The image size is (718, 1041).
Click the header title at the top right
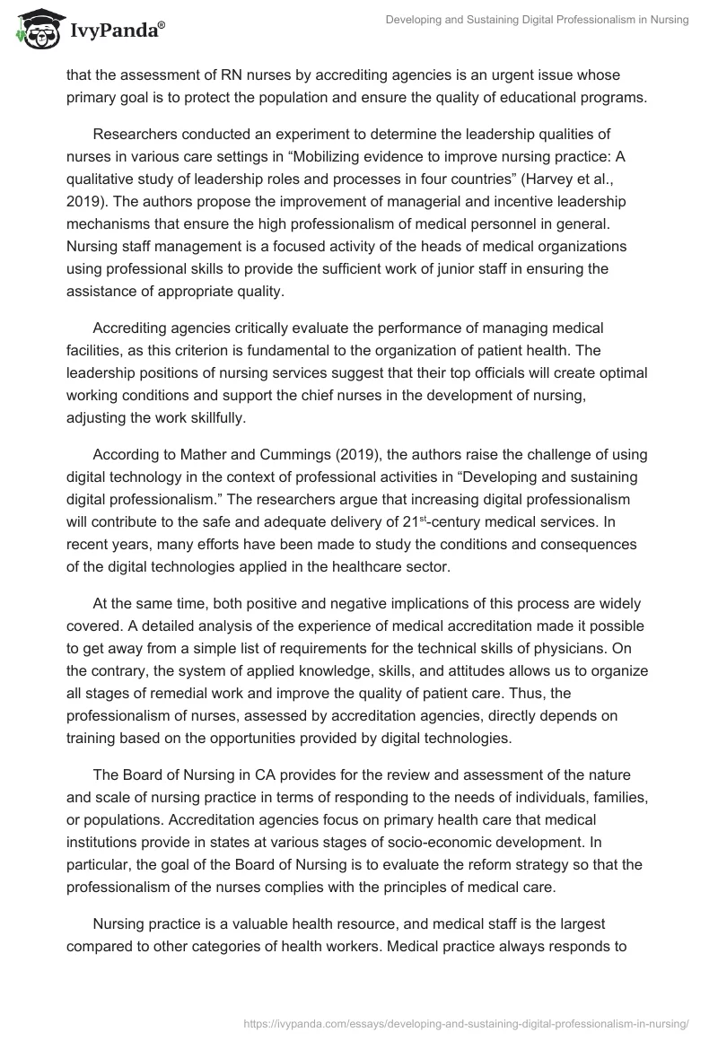coord(536,21)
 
